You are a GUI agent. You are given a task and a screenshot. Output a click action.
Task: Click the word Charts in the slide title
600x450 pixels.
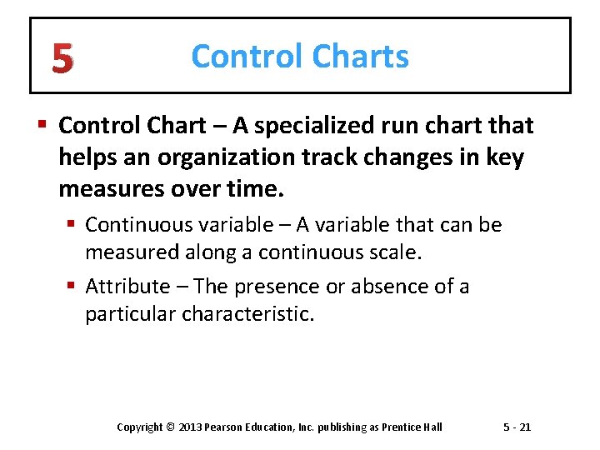point(361,57)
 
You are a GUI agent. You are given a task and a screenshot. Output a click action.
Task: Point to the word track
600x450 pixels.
point(342,158)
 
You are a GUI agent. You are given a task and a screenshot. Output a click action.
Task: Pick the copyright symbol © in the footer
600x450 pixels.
point(172,427)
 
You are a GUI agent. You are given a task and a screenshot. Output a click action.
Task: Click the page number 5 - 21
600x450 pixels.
point(517,427)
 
